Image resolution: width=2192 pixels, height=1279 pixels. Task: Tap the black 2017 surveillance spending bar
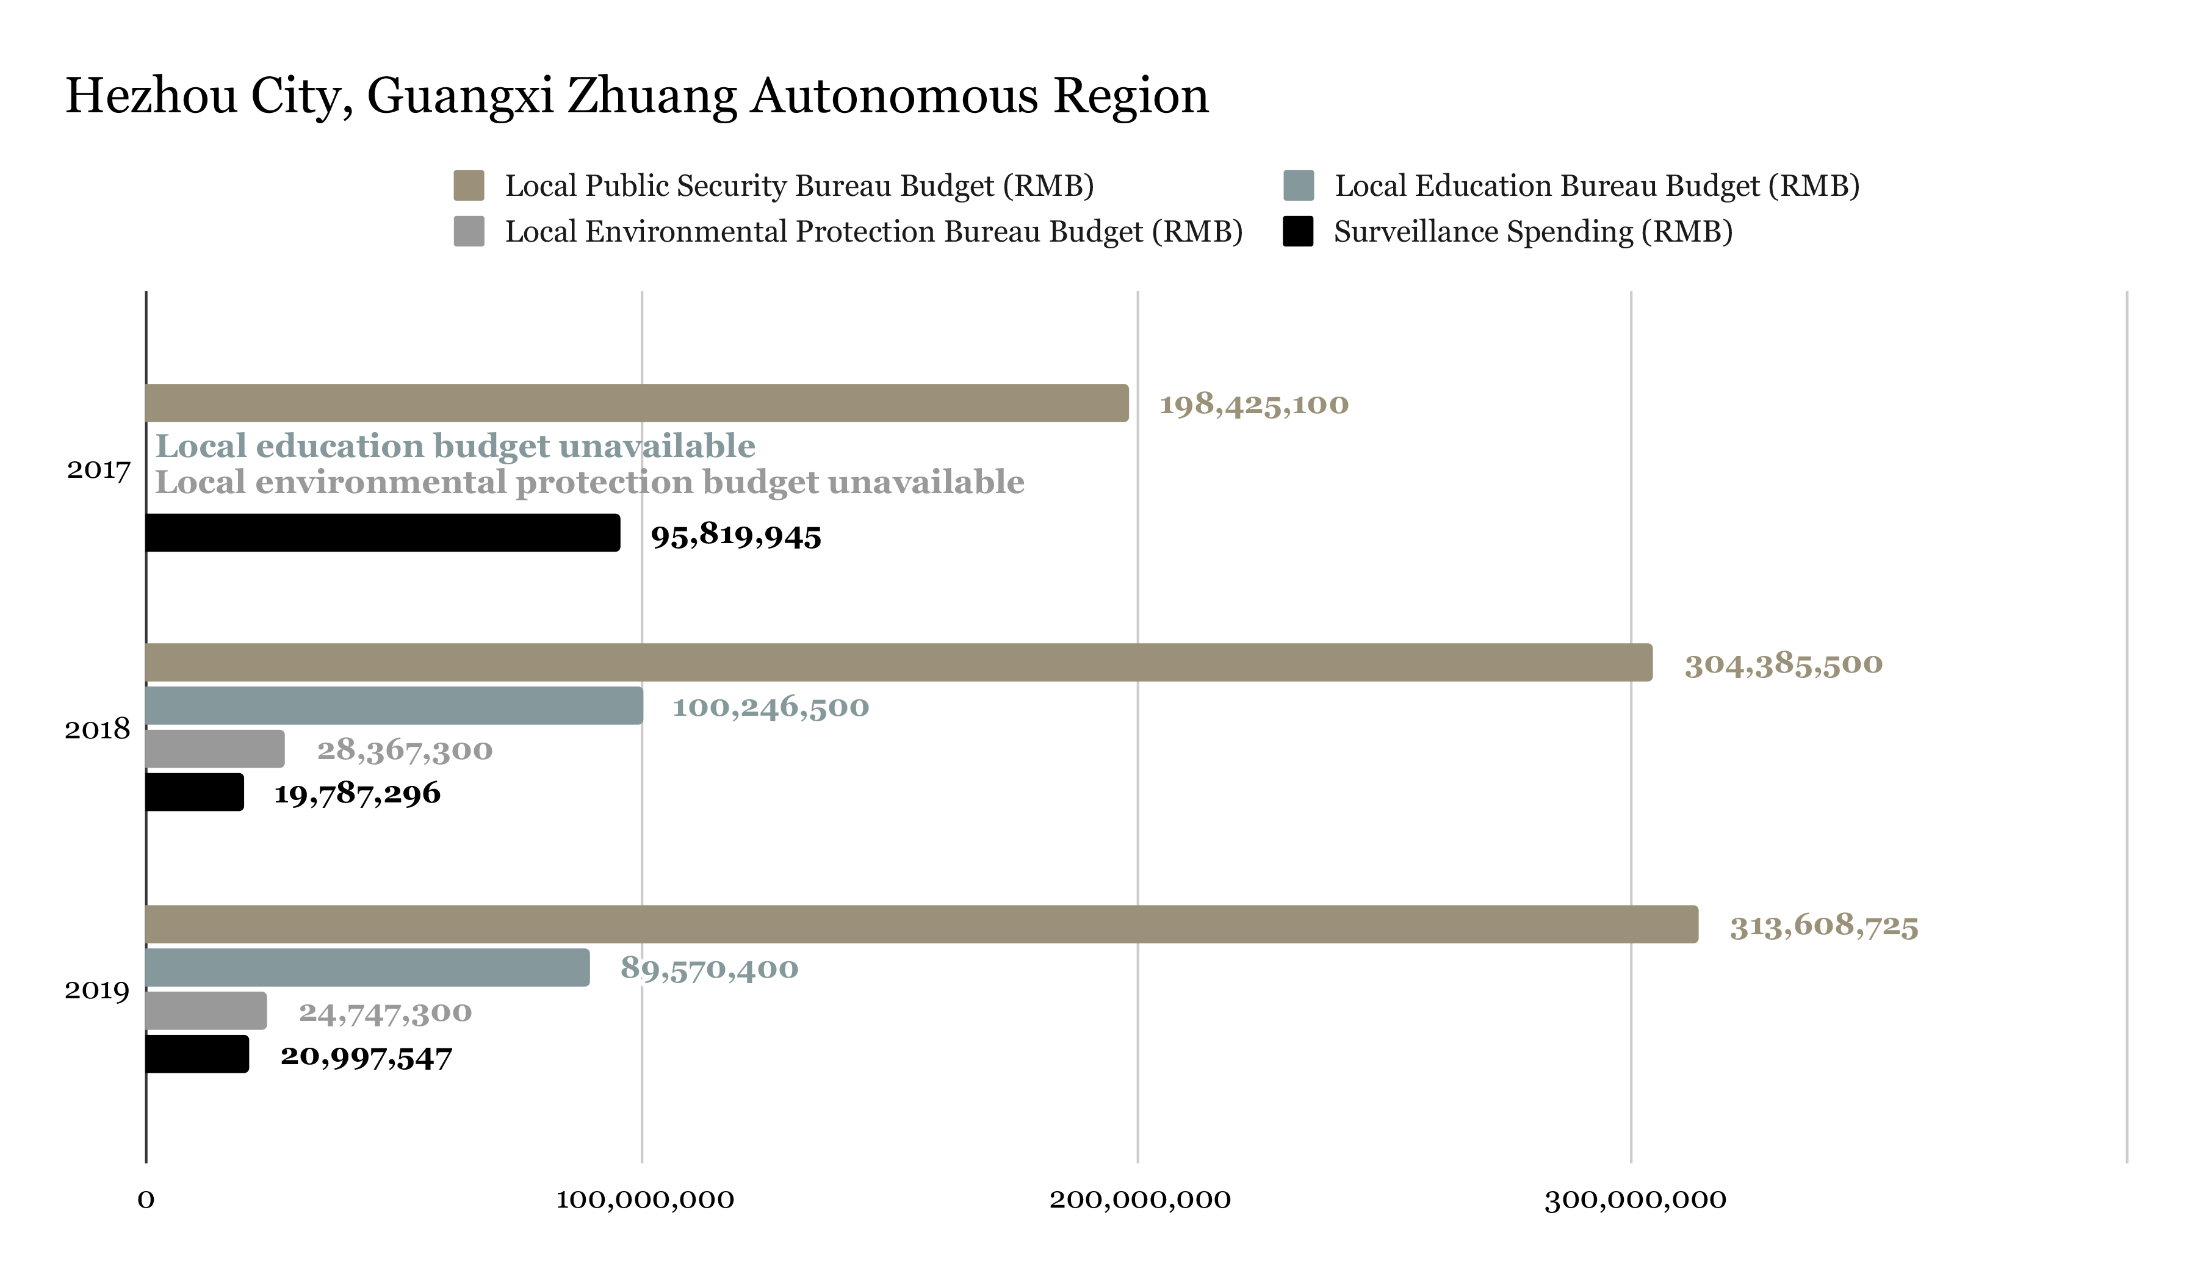[383, 533]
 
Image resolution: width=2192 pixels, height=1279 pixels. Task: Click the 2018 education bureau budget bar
[394, 705]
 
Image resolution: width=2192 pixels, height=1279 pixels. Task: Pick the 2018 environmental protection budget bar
[215, 749]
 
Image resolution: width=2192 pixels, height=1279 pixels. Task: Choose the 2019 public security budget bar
[921, 924]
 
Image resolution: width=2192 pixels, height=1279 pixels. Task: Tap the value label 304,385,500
[1783, 664]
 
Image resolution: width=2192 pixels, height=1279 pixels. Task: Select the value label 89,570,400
[709, 968]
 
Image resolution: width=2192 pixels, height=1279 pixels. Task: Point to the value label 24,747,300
[385, 1012]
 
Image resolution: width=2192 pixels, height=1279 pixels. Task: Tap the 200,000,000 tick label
[1139, 1199]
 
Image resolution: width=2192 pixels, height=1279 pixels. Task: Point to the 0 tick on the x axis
[146, 1199]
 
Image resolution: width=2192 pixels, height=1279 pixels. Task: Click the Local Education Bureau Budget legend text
[1597, 186]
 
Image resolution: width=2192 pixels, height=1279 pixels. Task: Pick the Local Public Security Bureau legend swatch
[469, 186]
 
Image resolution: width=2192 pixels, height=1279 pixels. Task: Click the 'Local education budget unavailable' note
[455, 445]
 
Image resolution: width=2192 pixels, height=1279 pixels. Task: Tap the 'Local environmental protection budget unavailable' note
[589, 482]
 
